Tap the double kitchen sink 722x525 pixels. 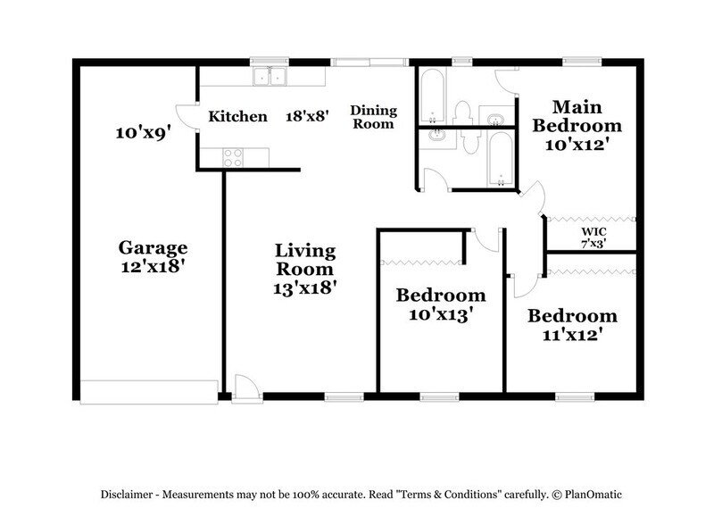tap(268, 77)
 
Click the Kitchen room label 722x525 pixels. tap(237, 116)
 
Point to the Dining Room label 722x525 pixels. tap(372, 117)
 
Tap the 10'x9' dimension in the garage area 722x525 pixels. tap(143, 133)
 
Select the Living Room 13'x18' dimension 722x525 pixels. tap(304, 288)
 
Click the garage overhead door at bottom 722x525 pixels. tap(149, 391)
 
